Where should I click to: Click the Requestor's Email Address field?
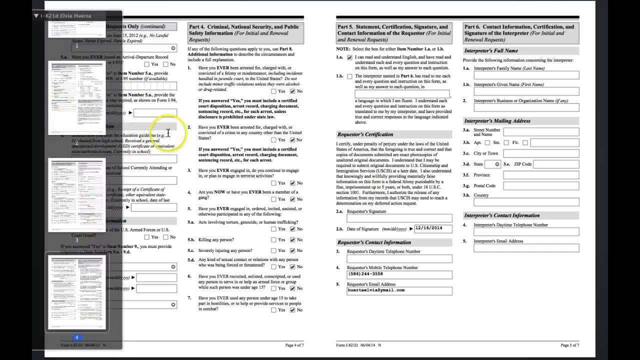click(399, 290)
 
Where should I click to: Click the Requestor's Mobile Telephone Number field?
click(399, 274)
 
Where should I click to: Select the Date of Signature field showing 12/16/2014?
click(433, 228)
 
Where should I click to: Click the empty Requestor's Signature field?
click(399, 218)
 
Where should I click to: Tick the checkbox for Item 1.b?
click(349, 76)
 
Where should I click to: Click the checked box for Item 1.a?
click(349, 57)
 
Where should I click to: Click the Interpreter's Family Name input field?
click(526, 75)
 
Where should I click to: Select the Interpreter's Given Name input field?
click(526, 91)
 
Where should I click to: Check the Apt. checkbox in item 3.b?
click(487, 143)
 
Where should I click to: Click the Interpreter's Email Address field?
click(526, 248)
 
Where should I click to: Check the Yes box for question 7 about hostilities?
click(273, 310)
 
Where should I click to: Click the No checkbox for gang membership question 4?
click(292, 199)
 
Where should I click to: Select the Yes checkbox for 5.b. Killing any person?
click(273, 239)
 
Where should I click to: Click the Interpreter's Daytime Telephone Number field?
click(526, 232)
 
